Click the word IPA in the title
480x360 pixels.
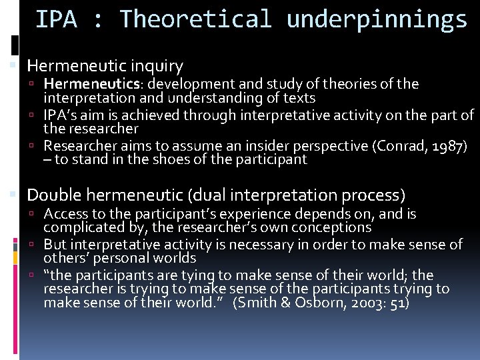point(55,19)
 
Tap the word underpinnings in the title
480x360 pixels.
point(377,19)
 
